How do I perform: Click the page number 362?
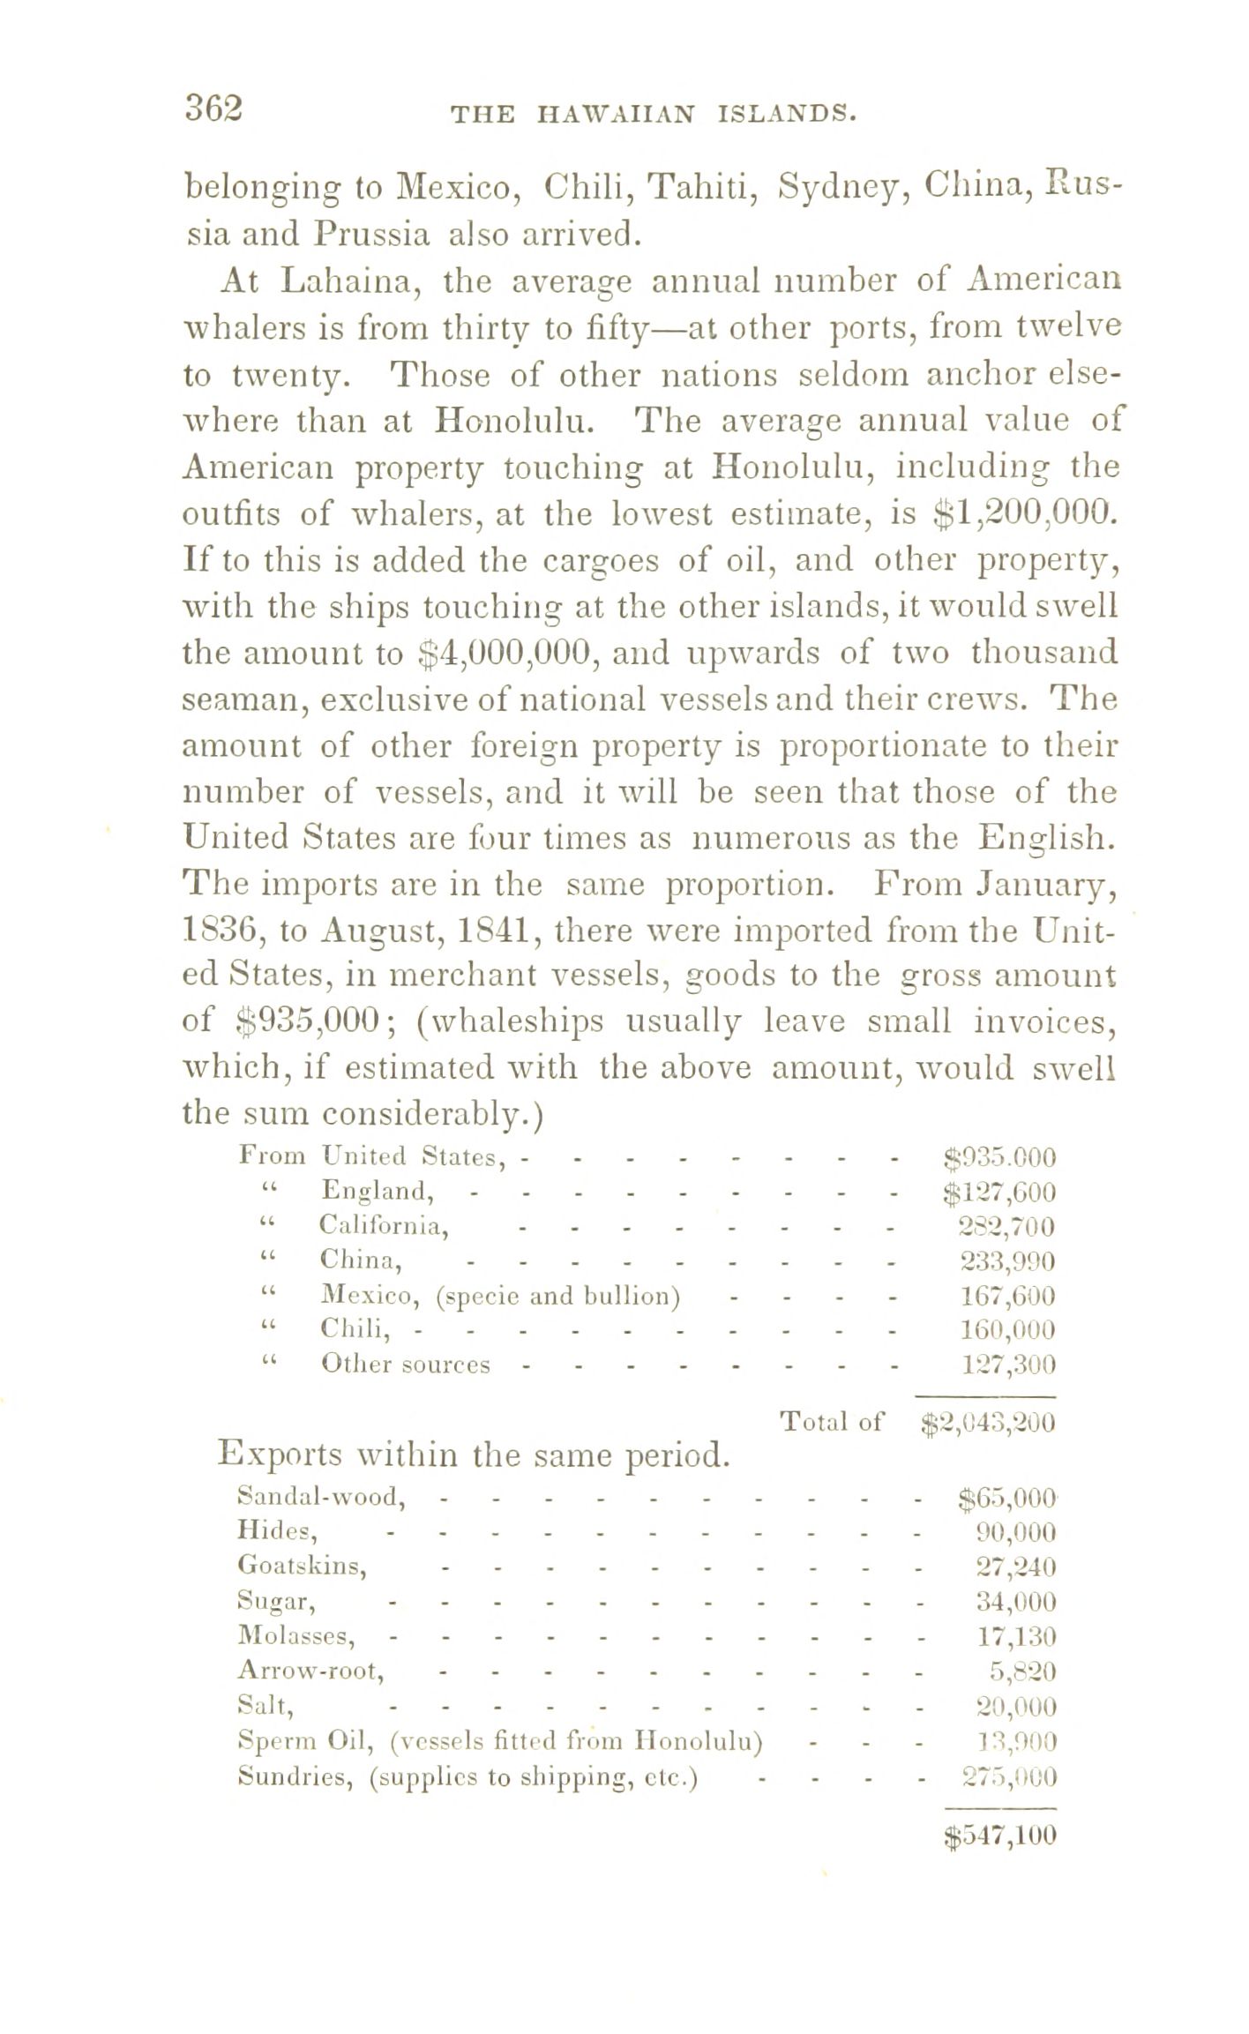pyautogui.click(x=213, y=108)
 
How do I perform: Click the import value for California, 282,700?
pyautogui.click(x=1007, y=1227)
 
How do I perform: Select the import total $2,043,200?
pyautogui.click(x=988, y=1422)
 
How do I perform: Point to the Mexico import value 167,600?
pyautogui.click(x=1007, y=1297)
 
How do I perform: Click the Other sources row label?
pyautogui.click(x=406, y=1365)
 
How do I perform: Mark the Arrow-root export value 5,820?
pyautogui.click(x=1023, y=1671)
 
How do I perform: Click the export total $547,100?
pyautogui.click(x=999, y=1836)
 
